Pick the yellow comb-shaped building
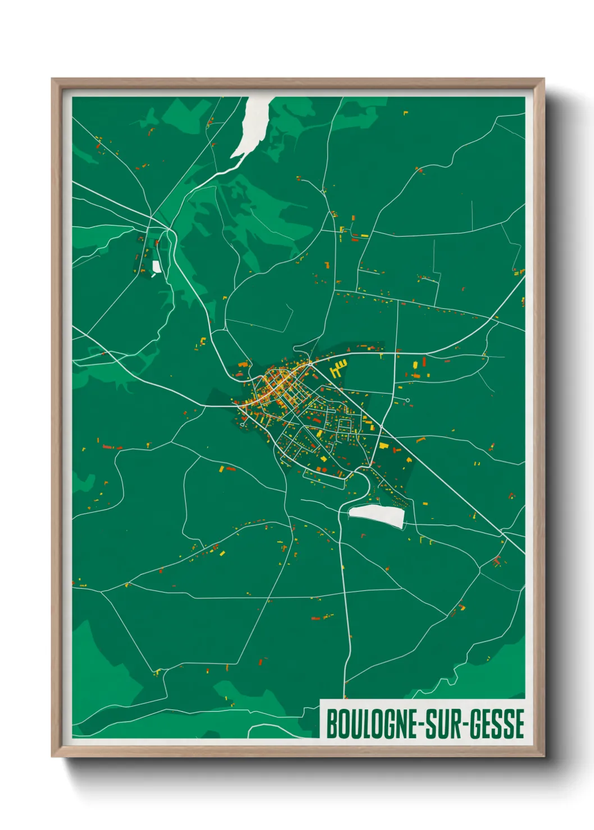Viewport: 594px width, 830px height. [337, 370]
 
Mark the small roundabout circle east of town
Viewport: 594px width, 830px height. [408, 400]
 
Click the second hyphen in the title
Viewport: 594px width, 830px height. [466, 724]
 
